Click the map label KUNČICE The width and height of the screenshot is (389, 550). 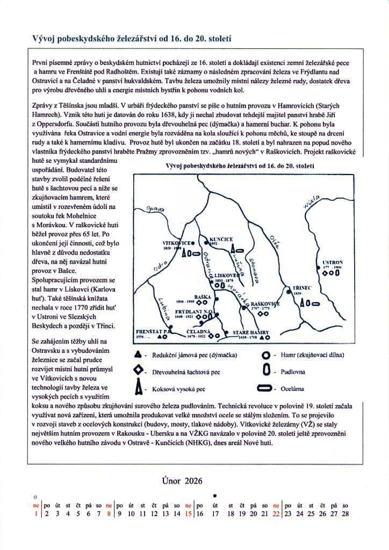221,238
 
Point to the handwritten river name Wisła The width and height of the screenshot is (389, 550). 312,204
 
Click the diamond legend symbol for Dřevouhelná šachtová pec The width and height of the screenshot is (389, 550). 139,371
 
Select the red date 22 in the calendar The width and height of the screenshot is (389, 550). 276,514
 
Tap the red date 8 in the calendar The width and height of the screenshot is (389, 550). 109,514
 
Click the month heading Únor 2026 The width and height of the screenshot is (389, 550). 182,481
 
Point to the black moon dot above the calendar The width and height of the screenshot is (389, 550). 215,495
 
